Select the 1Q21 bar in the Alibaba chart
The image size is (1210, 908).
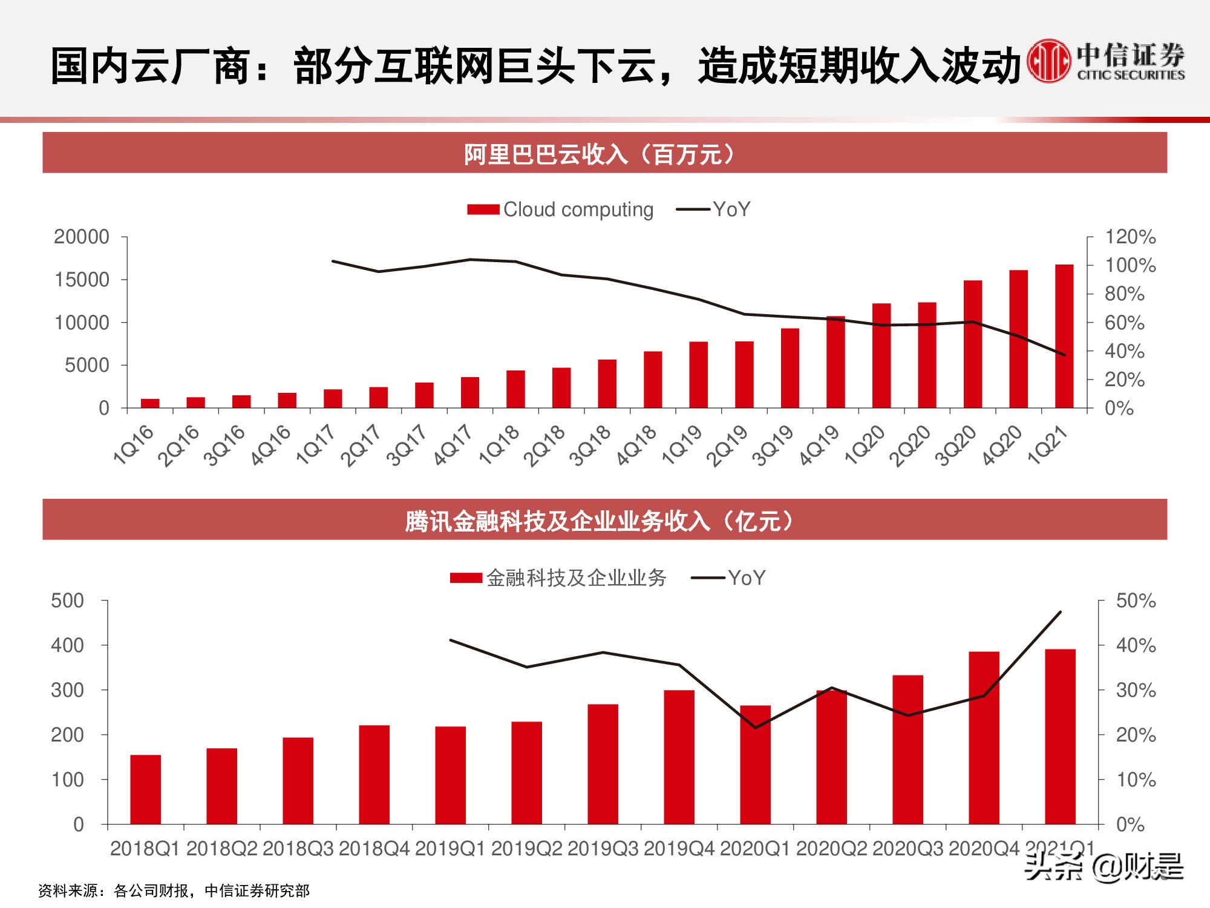pyautogui.click(x=1064, y=337)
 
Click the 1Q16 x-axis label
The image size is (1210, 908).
pyautogui.click(x=134, y=445)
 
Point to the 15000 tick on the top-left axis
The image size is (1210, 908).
pyautogui.click(x=82, y=280)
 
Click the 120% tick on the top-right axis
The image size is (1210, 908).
pyautogui.click(x=1130, y=237)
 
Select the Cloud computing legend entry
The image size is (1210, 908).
pyautogui.click(x=560, y=209)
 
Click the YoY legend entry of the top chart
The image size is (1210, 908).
pyautogui.click(x=714, y=209)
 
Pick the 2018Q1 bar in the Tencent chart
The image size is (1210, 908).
pyautogui.click(x=146, y=789)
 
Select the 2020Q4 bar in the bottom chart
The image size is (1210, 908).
pyautogui.click(x=984, y=739)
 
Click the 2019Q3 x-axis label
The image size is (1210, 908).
pyautogui.click(x=603, y=849)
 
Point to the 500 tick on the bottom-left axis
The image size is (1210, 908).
pyautogui.click(x=68, y=601)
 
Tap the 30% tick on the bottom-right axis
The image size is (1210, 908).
pyautogui.click(x=1135, y=690)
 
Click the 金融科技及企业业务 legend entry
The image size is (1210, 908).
pyautogui.click(x=558, y=578)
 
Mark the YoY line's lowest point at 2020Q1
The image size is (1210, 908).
pyautogui.click(x=755, y=728)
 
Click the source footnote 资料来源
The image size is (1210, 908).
pyautogui.click(x=174, y=890)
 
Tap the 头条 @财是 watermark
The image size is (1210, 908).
pyautogui.click(x=1103, y=867)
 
